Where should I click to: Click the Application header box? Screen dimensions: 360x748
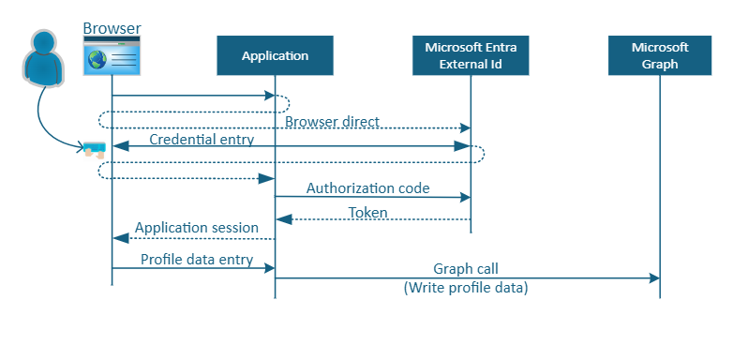click(x=275, y=56)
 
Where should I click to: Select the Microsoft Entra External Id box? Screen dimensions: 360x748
click(x=471, y=56)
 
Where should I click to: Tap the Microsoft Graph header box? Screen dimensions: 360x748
click(x=660, y=56)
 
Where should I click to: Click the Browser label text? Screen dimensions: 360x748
click(x=112, y=28)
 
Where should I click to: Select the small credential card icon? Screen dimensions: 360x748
click(x=93, y=148)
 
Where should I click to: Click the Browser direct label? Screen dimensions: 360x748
click(x=332, y=122)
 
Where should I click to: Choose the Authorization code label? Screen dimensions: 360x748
click(x=367, y=188)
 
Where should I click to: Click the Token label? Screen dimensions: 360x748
click(x=367, y=213)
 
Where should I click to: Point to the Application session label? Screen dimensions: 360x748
click(x=195, y=228)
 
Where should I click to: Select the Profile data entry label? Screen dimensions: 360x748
click(x=197, y=260)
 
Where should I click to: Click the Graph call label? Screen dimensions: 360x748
click(x=465, y=269)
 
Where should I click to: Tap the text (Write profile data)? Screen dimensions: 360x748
click(x=466, y=289)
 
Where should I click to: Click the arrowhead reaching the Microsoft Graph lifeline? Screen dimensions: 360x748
click(x=653, y=278)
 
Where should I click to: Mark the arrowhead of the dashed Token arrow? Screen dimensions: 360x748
click(x=282, y=219)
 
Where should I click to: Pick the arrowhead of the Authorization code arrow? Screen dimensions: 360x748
click(x=463, y=197)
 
